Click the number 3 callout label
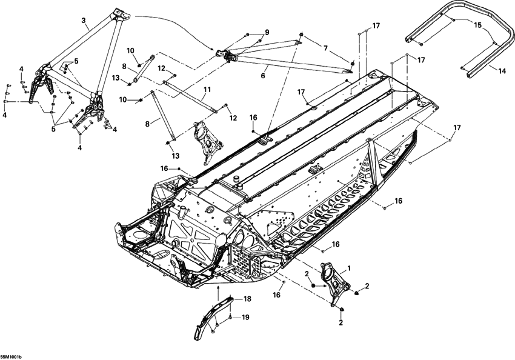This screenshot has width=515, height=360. click(x=84, y=20)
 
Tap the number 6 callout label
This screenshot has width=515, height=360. click(x=263, y=76)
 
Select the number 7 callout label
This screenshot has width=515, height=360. click(x=325, y=47)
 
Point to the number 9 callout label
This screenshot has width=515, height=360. click(x=266, y=32)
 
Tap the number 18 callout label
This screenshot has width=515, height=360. click(x=247, y=299)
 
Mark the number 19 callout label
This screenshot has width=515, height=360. click(x=245, y=317)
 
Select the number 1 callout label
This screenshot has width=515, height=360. click(x=348, y=267)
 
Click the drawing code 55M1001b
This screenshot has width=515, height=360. click(x=12, y=356)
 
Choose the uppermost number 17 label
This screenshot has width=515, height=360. click(x=376, y=25)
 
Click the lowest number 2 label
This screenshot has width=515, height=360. click(x=341, y=322)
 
